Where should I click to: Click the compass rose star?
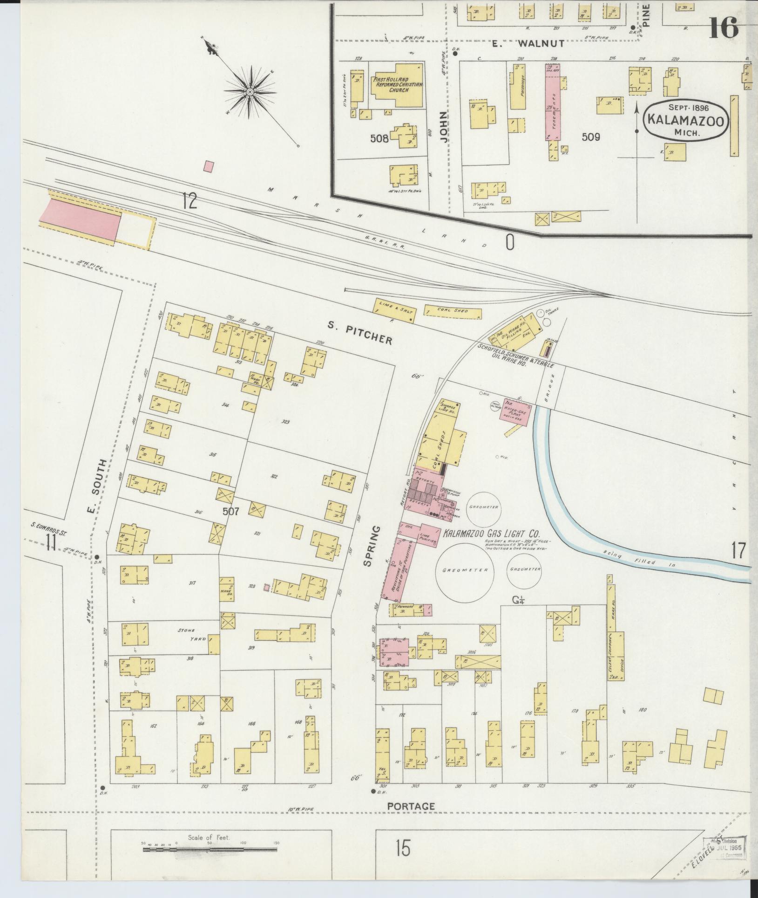[250, 92]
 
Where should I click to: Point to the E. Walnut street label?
[528, 44]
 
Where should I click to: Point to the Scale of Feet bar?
[210, 849]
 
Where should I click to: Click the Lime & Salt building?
[394, 311]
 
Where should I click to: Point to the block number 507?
[230, 512]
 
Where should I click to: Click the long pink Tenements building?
[553, 103]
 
